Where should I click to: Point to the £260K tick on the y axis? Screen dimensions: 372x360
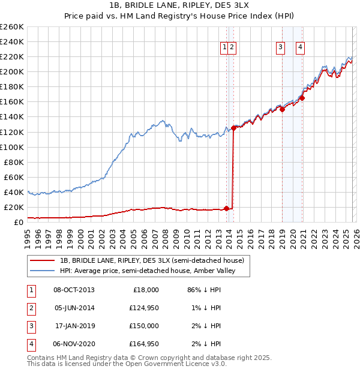click(x=12, y=27)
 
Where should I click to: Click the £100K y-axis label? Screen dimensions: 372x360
click(x=12, y=147)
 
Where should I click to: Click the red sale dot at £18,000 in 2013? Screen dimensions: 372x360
click(x=226, y=209)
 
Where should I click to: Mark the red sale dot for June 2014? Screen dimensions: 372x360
click(x=233, y=128)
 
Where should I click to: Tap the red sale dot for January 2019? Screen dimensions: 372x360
click(x=282, y=109)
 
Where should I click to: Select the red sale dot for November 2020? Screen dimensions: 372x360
click(x=302, y=98)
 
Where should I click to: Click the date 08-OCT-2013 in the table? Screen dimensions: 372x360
click(x=74, y=290)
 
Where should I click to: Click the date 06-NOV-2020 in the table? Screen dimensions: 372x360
click(x=74, y=344)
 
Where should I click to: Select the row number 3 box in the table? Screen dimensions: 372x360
click(x=31, y=326)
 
